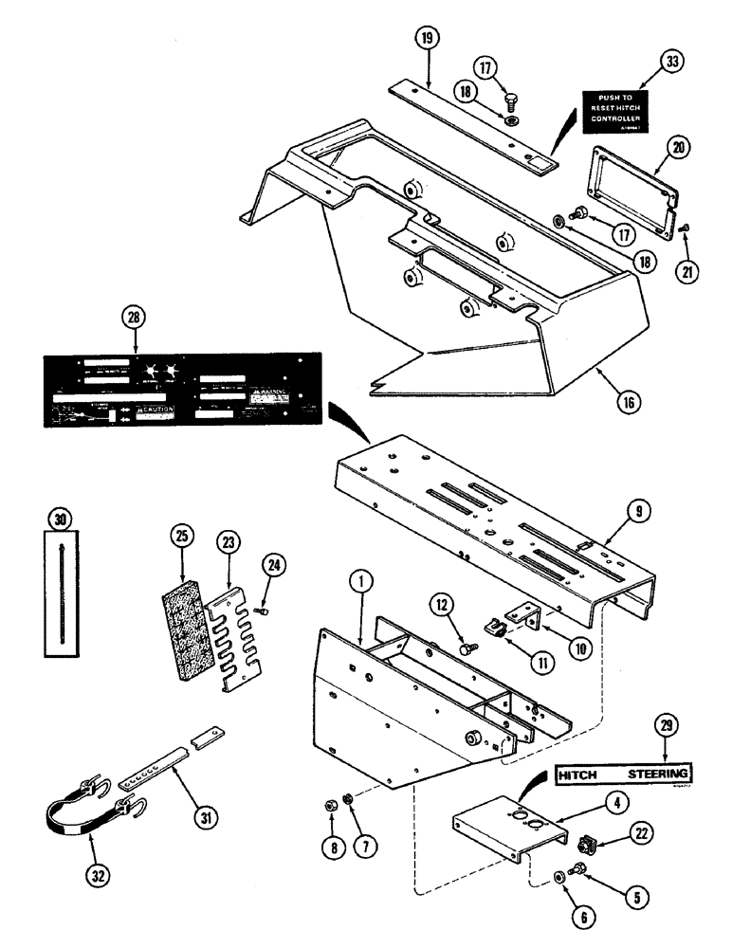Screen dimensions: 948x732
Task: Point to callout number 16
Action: click(x=627, y=400)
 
